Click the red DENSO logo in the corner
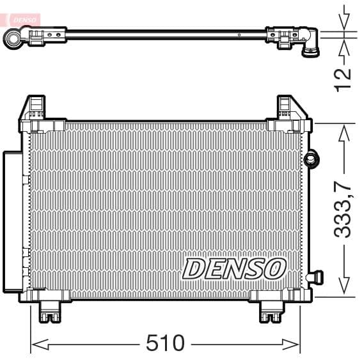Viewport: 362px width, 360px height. point(20,20)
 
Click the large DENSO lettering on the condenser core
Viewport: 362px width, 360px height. point(233,269)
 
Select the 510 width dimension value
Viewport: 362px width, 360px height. point(165,343)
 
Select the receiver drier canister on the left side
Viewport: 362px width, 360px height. point(12,221)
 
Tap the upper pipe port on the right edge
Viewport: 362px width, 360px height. point(311,158)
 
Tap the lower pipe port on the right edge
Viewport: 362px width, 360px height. point(315,277)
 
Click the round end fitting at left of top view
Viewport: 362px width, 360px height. point(14,38)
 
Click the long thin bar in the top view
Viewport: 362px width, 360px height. point(166,34)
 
